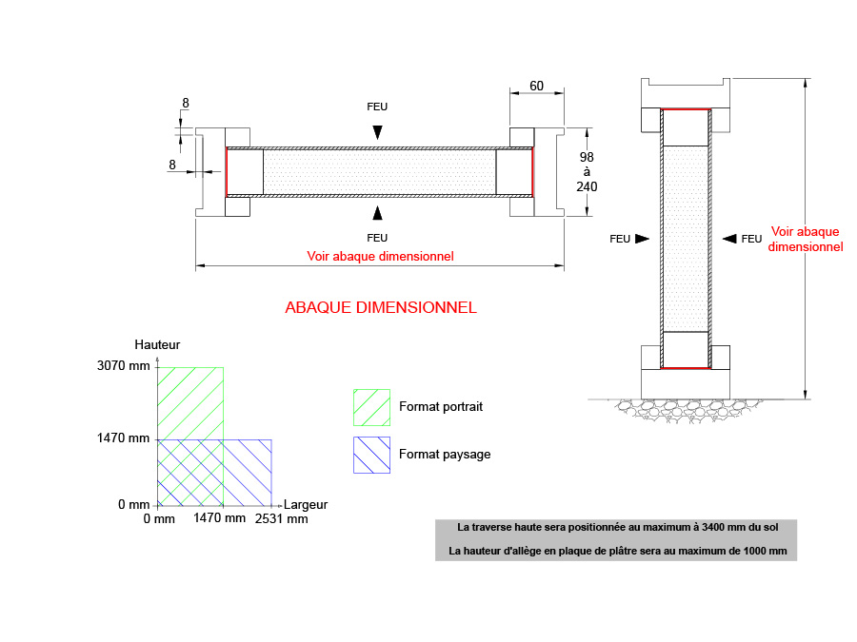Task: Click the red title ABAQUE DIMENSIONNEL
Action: click(380, 307)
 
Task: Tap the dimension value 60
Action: click(536, 86)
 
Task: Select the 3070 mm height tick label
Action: click(124, 366)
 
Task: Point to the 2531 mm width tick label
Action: click(281, 519)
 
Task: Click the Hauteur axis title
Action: click(157, 344)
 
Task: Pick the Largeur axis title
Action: click(306, 505)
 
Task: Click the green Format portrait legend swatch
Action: click(371, 406)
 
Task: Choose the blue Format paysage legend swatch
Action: click(371, 455)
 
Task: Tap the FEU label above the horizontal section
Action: click(377, 107)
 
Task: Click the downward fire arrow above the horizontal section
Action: click(378, 133)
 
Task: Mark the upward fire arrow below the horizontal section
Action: click(378, 211)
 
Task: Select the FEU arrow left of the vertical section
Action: click(642, 239)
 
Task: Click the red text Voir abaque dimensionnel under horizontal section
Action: click(380, 256)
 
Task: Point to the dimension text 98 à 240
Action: click(587, 171)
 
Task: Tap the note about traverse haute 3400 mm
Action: click(616, 526)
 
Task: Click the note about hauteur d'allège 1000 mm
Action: click(616, 551)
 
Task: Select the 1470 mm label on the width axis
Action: click(219, 519)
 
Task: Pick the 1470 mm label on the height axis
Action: click(124, 438)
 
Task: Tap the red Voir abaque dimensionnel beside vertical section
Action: click(805, 239)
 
